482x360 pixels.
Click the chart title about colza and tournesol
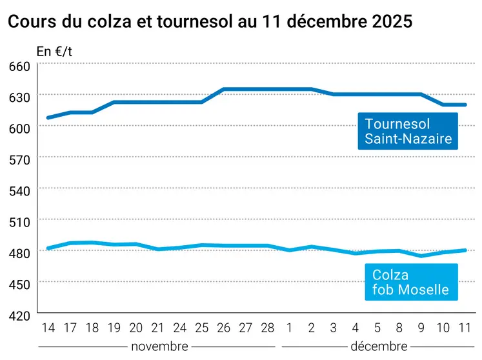coord(210,21)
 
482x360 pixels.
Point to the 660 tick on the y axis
coord(20,66)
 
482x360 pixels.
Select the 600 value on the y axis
coord(20,128)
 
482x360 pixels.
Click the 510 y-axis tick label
coord(20,221)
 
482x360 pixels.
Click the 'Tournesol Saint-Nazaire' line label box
coord(408,131)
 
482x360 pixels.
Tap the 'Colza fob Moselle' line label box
coord(410,283)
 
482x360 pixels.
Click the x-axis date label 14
coord(48,328)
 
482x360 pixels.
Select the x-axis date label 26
coord(224,328)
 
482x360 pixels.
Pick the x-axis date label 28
coord(268,328)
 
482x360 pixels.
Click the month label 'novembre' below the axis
coord(159,346)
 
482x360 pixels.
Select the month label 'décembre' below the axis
coord(379,346)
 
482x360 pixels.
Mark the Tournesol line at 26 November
coord(224,90)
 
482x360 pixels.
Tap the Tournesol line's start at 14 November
coord(48,118)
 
